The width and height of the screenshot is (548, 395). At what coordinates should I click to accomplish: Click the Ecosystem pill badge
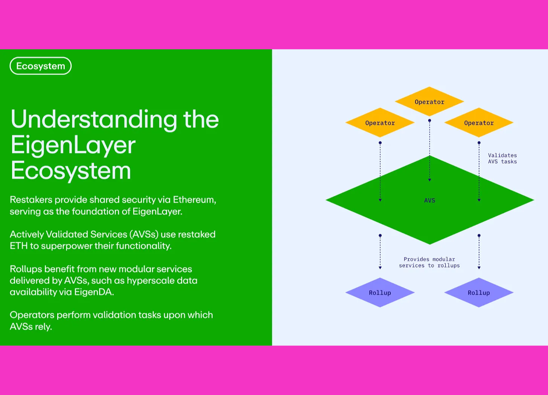(x=41, y=66)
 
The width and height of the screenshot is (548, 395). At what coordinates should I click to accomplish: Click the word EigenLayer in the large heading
(x=73, y=145)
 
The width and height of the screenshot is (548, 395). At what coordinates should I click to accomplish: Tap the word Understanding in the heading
(x=94, y=119)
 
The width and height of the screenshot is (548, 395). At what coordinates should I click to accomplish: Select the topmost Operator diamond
(x=429, y=101)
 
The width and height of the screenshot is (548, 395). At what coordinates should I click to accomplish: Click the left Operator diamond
(x=380, y=122)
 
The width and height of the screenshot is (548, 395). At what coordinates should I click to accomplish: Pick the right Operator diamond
(x=479, y=122)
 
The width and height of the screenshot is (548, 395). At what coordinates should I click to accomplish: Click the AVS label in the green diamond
(x=429, y=201)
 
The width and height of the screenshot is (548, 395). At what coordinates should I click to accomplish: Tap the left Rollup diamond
(x=380, y=292)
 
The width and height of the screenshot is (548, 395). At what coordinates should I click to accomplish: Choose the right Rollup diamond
(x=479, y=292)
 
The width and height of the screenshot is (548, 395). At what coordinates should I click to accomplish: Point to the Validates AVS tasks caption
(x=502, y=158)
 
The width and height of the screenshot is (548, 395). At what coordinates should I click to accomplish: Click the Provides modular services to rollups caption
(x=429, y=262)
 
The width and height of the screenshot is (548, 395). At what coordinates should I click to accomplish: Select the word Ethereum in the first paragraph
(x=195, y=200)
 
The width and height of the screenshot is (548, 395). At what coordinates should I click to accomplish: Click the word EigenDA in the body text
(x=94, y=292)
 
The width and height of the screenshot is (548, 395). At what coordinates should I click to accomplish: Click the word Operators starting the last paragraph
(x=32, y=315)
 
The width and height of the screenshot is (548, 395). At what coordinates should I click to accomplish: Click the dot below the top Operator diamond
(x=429, y=121)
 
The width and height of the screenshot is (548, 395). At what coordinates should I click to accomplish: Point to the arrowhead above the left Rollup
(x=380, y=268)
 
